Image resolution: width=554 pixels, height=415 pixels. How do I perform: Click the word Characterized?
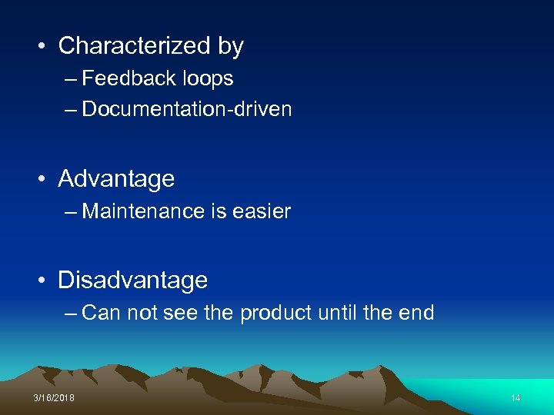pyautogui.click(x=135, y=46)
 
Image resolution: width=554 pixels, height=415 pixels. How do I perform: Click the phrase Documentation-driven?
pyautogui.click(x=187, y=109)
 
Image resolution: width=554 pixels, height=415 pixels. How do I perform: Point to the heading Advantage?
pyautogui.click(x=116, y=179)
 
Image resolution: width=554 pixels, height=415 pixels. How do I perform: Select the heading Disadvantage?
pyautogui.click(x=132, y=281)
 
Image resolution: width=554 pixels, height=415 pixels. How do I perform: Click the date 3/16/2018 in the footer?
pyautogui.click(x=54, y=398)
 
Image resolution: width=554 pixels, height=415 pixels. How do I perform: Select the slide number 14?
pyautogui.click(x=516, y=398)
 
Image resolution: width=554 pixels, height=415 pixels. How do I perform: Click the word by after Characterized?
pyautogui.click(x=230, y=47)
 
